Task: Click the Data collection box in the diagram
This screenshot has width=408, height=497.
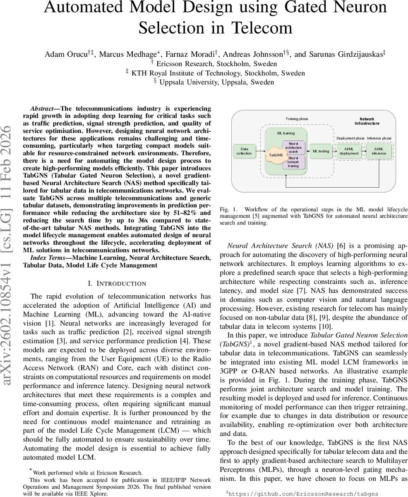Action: [x=244, y=151]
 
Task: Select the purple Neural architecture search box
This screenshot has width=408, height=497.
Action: [x=293, y=147]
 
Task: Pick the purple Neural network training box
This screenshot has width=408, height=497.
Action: [x=293, y=162]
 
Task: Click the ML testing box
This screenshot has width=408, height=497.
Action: [x=321, y=151]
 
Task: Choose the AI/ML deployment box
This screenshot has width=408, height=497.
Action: [x=349, y=151]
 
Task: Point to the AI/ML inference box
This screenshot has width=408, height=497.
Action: [x=378, y=151]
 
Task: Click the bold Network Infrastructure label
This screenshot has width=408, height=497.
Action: [x=367, y=121]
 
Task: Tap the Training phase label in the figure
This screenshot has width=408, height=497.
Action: [x=297, y=119]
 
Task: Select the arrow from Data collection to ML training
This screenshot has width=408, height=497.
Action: [x=260, y=151]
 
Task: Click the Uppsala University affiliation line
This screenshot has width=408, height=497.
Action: [x=216, y=82]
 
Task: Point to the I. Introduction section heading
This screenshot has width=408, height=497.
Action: [x=117, y=284]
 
